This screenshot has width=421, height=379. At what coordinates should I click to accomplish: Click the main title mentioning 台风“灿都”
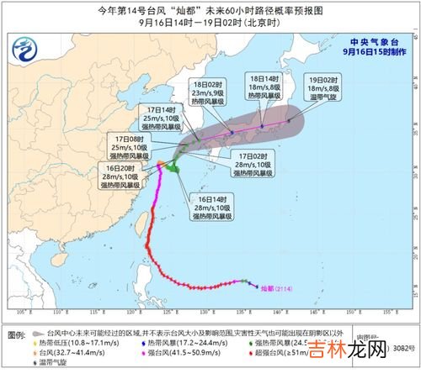click(x=210, y=11)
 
